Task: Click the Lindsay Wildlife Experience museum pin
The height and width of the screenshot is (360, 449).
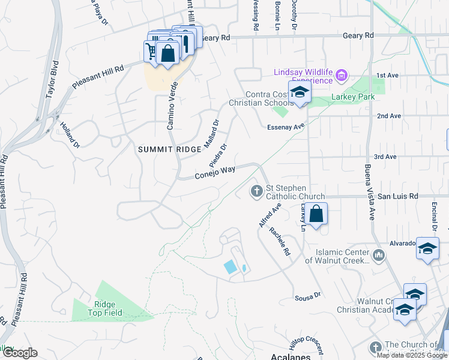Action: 342,76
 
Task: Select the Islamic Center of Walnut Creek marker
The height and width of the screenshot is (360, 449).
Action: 378,256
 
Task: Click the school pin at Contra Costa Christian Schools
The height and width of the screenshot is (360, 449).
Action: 299,92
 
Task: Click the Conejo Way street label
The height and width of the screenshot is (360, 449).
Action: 214,173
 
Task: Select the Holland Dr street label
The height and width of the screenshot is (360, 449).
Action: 70,135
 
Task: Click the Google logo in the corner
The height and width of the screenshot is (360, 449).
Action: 19,353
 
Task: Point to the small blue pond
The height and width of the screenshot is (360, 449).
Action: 230,267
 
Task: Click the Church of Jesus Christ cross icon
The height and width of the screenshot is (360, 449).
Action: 376,347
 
